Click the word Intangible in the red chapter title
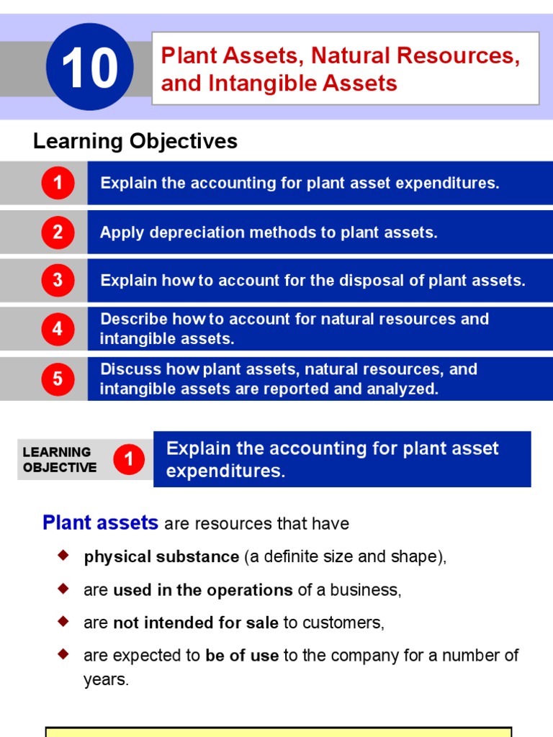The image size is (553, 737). tap(268, 83)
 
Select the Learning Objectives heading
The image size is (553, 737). tap(135, 141)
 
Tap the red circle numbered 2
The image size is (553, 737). tap(58, 232)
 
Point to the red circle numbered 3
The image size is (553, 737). tap(58, 281)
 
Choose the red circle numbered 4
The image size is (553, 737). tap(58, 329)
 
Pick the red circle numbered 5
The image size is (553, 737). tap(58, 379)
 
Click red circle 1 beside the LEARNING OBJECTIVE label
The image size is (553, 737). tap(129, 459)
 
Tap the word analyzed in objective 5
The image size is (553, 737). tap(403, 389)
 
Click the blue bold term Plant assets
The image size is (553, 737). tap(100, 523)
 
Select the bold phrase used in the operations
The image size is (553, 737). tap(203, 590)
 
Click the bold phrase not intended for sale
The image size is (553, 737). tap(196, 623)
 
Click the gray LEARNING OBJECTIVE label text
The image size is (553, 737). tap(59, 459)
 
